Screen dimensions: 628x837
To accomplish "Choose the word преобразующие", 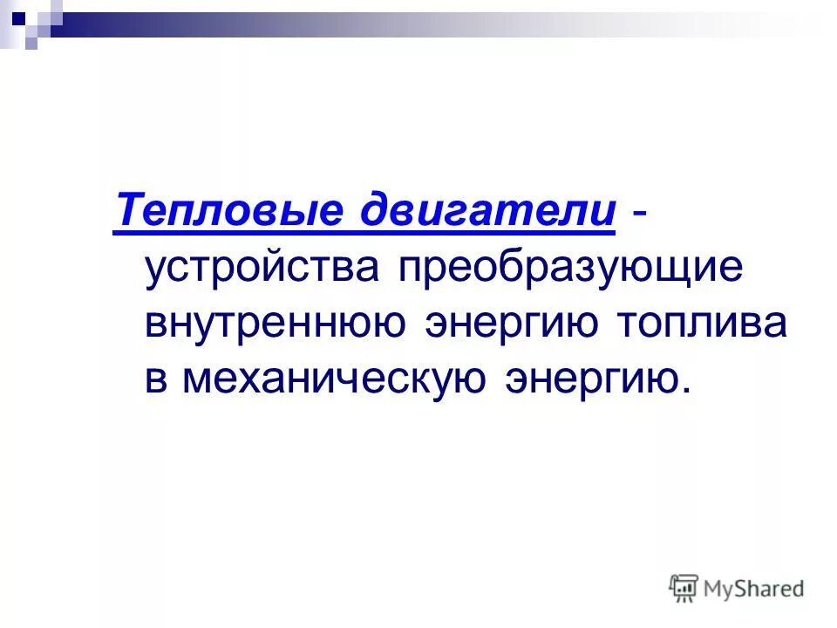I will click(571, 270).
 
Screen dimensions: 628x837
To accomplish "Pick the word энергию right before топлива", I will click(510, 325).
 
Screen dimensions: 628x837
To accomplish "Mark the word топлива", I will click(701, 324).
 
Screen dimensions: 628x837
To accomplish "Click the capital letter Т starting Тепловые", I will click(126, 212).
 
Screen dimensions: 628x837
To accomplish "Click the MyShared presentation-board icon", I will click(684, 588).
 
